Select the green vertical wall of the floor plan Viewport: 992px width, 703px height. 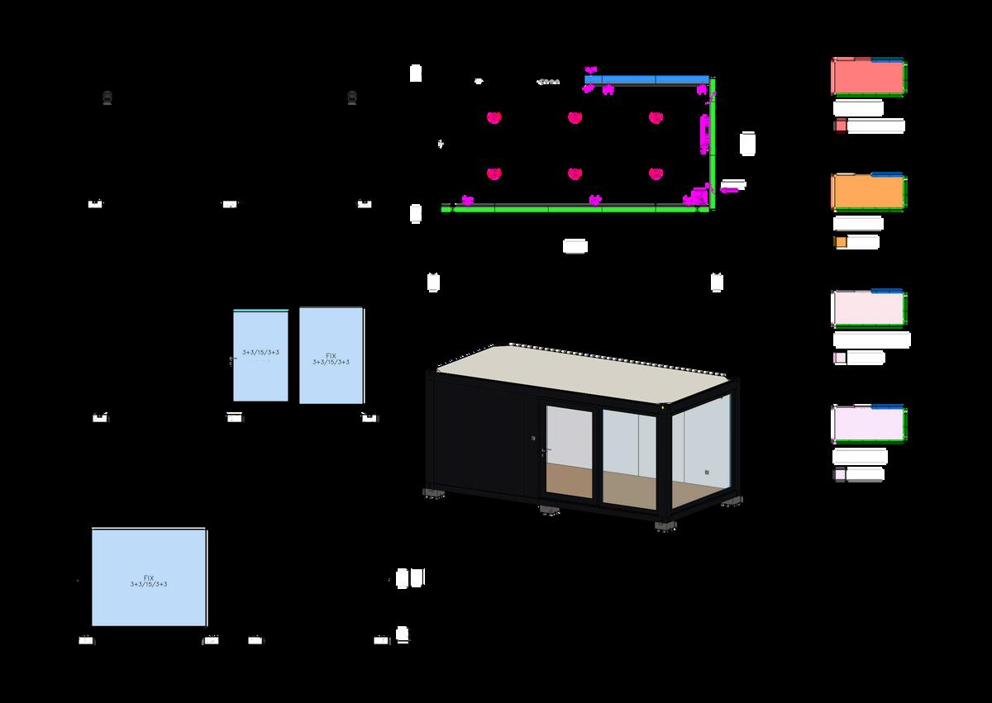click(x=712, y=140)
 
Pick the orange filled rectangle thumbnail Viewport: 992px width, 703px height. click(x=867, y=192)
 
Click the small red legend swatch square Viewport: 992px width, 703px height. click(x=840, y=126)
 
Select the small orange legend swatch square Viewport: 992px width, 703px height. click(x=840, y=242)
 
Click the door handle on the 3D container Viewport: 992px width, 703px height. click(x=541, y=451)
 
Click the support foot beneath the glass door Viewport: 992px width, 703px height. click(x=550, y=510)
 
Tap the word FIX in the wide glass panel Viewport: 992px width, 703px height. click(x=149, y=577)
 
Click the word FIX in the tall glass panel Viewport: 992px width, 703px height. click(x=331, y=355)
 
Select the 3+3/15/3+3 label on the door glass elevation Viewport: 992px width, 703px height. click(x=260, y=353)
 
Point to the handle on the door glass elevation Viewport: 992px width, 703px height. click(x=231, y=361)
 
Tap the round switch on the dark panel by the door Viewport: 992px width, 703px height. click(x=533, y=437)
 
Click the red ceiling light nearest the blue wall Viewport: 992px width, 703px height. click(x=656, y=117)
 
